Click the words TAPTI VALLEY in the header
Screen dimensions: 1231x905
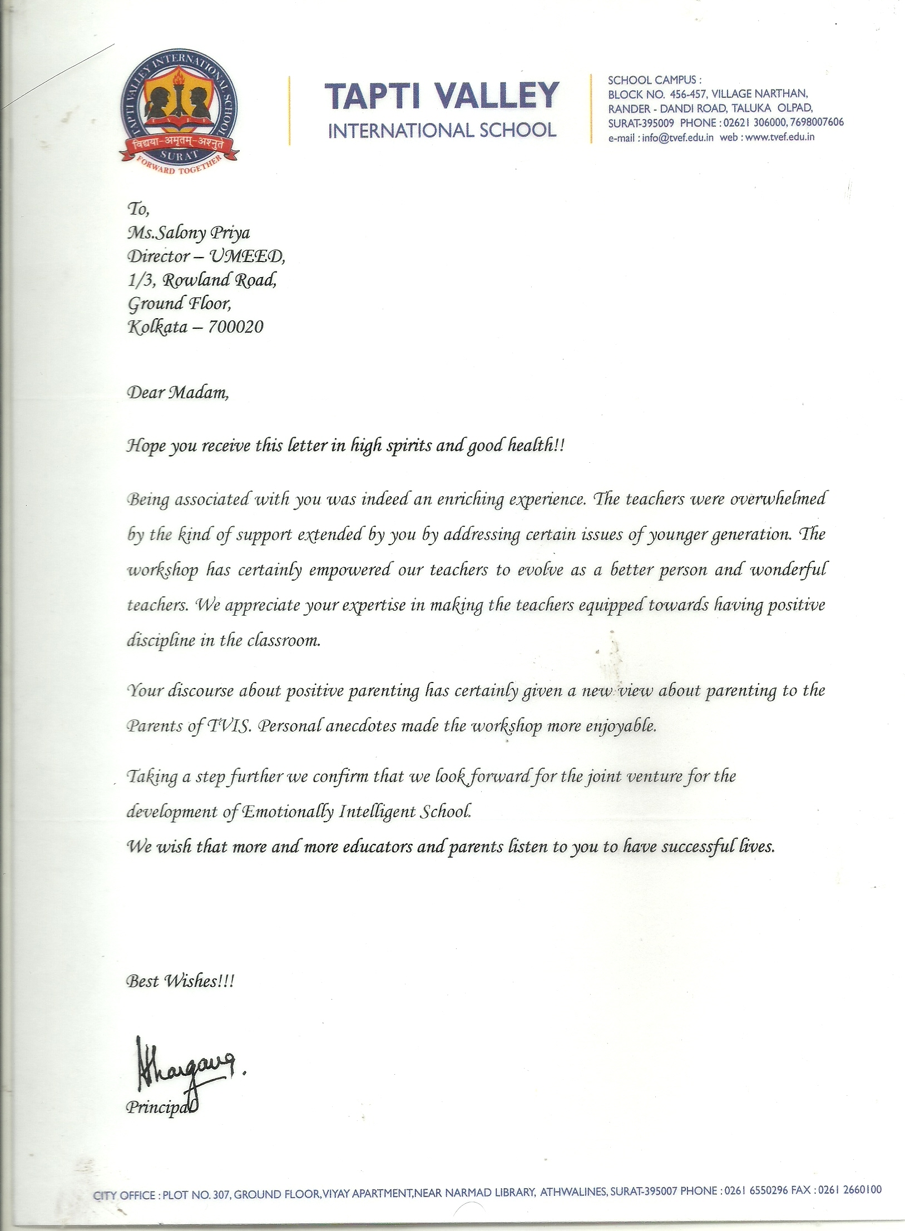441,95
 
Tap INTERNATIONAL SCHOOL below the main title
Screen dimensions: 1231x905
442,131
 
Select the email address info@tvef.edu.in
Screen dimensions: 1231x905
677,138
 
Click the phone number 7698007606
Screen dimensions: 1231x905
816,122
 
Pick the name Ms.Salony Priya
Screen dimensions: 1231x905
189,233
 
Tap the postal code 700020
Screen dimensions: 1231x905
235,327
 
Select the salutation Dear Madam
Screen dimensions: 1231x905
177,393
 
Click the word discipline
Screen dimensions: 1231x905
161,641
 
